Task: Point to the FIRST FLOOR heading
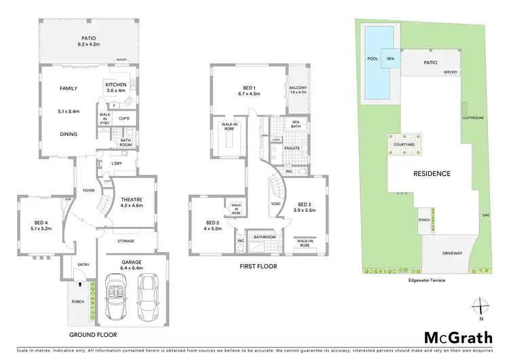259,266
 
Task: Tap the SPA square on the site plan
390,59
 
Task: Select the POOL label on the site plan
372,59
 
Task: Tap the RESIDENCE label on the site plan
432,173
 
